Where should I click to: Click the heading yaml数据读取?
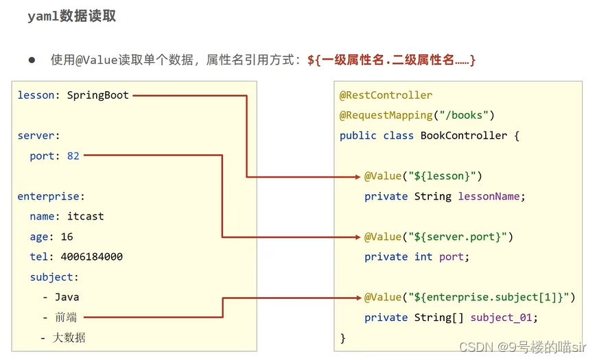pyautogui.click(x=71, y=16)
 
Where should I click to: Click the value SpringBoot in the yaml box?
pyautogui.click(x=97, y=95)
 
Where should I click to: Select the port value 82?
pyautogui.click(x=73, y=156)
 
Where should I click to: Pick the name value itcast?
pyautogui.click(x=85, y=217)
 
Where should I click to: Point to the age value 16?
pyautogui.click(x=67, y=237)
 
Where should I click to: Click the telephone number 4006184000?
pyautogui.click(x=91, y=257)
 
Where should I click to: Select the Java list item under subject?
pyautogui.click(x=67, y=298)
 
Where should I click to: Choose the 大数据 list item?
pyautogui.click(x=69, y=337)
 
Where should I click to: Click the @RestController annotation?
pyautogui.click(x=386, y=95)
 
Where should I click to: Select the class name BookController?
pyautogui.click(x=463, y=136)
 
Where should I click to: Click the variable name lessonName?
pyautogui.click(x=490, y=197)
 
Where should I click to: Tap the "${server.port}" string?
pyautogui.click(x=459, y=237)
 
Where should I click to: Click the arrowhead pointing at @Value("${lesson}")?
pyautogui.click(x=358, y=177)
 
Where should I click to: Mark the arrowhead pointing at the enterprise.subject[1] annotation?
pyautogui.click(x=358, y=298)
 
